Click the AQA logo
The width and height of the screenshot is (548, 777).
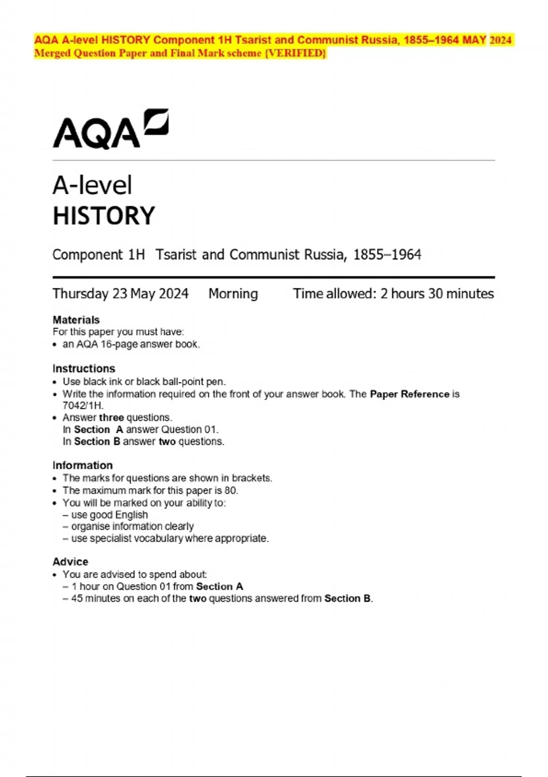pyautogui.click(x=111, y=129)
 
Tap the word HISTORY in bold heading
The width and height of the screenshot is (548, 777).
pyautogui.click(x=104, y=216)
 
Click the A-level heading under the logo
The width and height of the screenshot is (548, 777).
pyautogui.click(x=92, y=186)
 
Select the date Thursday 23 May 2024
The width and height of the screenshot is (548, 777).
pyautogui.click(x=121, y=293)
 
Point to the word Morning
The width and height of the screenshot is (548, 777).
pyautogui.click(x=233, y=293)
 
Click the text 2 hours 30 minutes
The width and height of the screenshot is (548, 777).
pyautogui.click(x=437, y=293)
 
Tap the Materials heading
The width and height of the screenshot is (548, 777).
pyautogui.click(x=76, y=320)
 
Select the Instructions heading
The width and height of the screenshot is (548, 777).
pyautogui.click(x=84, y=368)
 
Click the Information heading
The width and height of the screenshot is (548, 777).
pyautogui.click(x=83, y=465)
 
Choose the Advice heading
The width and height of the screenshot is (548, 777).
pyautogui.click(x=70, y=562)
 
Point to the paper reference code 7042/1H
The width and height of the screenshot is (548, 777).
pyautogui.click(x=83, y=405)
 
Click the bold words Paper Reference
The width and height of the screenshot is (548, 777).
pyautogui.click(x=410, y=394)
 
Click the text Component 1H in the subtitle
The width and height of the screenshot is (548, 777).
pyautogui.click(x=99, y=255)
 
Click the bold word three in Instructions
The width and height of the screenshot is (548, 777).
pyautogui.click(x=111, y=417)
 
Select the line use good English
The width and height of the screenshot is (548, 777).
pyautogui.click(x=109, y=515)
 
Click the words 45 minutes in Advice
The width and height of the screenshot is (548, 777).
pyautogui.click(x=95, y=598)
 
